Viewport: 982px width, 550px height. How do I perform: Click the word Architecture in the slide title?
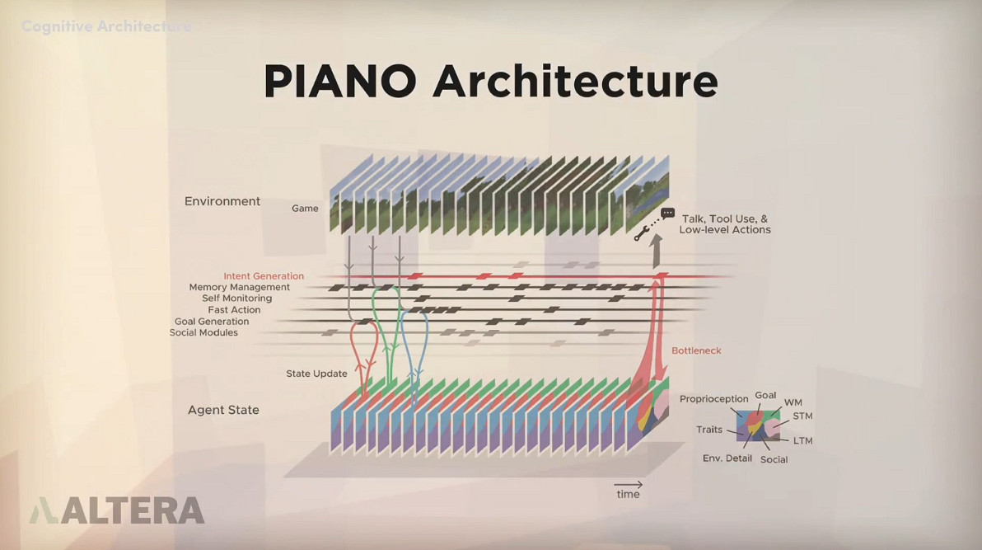[575, 82]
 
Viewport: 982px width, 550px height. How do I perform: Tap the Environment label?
[222, 201]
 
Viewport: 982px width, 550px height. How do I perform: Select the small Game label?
[305, 209]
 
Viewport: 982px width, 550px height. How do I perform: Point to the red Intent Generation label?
[264, 276]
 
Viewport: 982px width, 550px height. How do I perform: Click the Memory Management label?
[239, 288]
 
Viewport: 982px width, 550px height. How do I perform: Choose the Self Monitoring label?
[236, 299]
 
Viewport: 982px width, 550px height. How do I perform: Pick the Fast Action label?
[234, 310]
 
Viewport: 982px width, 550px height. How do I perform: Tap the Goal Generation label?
[212, 322]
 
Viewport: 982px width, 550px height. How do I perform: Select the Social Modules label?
[203, 333]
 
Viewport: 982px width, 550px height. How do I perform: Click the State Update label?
[316, 374]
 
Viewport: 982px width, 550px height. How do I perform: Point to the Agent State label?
[223, 410]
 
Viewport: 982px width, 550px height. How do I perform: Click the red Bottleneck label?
[696, 350]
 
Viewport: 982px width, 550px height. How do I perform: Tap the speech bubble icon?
[667, 213]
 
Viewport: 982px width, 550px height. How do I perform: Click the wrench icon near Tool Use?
[639, 236]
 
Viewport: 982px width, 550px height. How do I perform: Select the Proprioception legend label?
[713, 399]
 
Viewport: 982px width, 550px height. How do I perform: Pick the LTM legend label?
[802, 441]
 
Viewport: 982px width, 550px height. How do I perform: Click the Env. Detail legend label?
[727, 458]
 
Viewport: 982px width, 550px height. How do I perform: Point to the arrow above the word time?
[628, 485]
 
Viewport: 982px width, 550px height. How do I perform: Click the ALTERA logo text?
[132, 510]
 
